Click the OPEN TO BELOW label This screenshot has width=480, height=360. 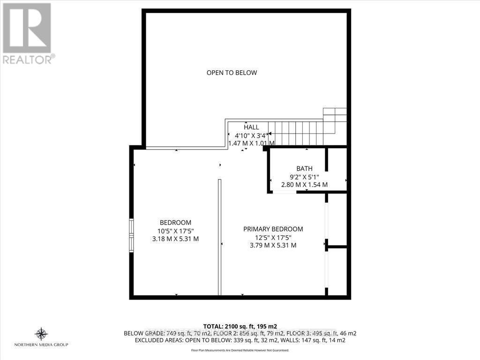(232, 73)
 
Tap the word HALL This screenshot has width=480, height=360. (251, 127)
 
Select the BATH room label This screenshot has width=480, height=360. (304, 169)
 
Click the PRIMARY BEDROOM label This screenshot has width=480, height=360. (273, 229)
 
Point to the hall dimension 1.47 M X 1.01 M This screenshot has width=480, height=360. (251, 143)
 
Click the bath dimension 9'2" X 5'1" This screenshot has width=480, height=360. (304, 177)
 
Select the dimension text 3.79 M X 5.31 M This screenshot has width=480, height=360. (273, 245)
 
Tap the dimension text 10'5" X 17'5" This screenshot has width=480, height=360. (176, 231)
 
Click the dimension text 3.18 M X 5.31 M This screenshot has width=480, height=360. (176, 239)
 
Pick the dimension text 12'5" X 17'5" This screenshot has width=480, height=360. (273, 237)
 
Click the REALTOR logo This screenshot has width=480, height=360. (28, 33)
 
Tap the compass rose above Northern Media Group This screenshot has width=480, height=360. (41, 334)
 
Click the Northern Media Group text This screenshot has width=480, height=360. (41, 345)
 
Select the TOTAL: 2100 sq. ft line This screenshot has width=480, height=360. (240, 326)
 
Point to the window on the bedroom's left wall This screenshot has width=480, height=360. (132, 235)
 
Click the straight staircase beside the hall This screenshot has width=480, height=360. (295, 134)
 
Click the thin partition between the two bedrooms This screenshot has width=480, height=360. (219, 237)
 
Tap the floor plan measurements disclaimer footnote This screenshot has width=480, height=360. (240, 350)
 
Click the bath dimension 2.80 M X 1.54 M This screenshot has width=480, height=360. (304, 185)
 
